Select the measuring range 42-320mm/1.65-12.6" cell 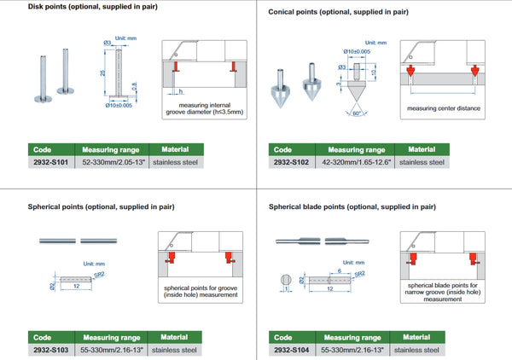point(354,161)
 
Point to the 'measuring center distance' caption point(444,108)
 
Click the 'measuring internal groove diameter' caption point(202,109)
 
